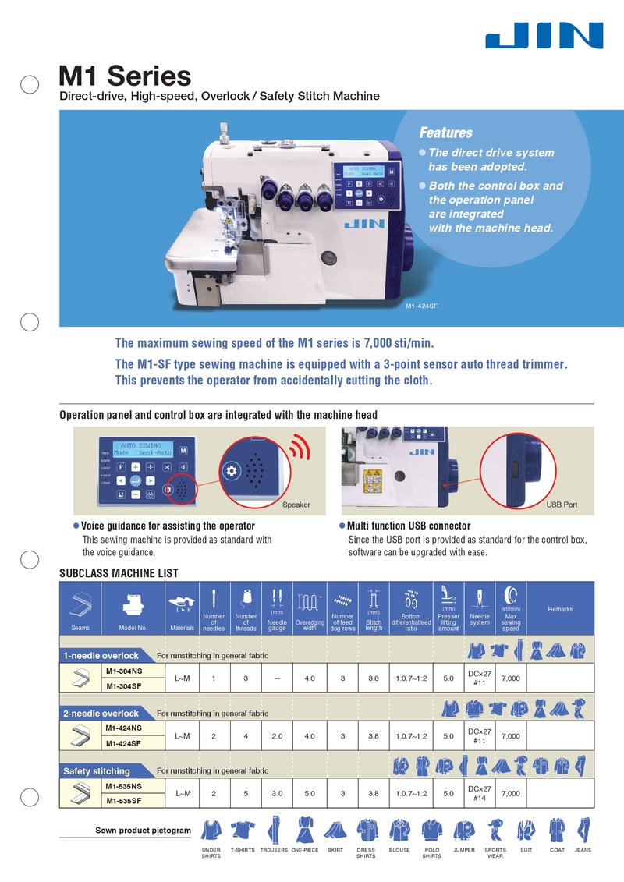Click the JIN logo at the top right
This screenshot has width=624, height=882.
pyautogui.click(x=544, y=36)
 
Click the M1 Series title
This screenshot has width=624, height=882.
pyautogui.click(x=125, y=76)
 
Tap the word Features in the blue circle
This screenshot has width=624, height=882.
pyautogui.click(x=445, y=133)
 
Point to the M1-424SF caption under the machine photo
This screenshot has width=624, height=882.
pyautogui.click(x=422, y=306)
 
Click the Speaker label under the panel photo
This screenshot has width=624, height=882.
pyautogui.click(x=296, y=505)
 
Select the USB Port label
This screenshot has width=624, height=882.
pyautogui.click(x=562, y=505)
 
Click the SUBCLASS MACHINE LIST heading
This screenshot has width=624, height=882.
pyautogui.click(x=119, y=573)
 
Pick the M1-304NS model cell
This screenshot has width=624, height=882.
pyautogui.click(x=123, y=671)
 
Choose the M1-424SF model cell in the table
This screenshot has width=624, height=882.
pyautogui.click(x=123, y=743)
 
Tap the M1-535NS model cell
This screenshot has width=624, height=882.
pyautogui.click(x=123, y=786)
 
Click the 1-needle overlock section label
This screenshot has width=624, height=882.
pyautogui.click(x=101, y=655)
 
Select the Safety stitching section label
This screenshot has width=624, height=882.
pyautogui.click(x=96, y=771)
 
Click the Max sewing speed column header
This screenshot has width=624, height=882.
pyautogui.click(x=511, y=622)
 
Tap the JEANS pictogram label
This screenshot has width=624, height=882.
pyautogui.click(x=583, y=850)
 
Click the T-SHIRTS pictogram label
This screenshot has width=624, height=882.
pyautogui.click(x=243, y=850)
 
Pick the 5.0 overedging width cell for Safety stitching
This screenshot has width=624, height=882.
pyautogui.click(x=310, y=794)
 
